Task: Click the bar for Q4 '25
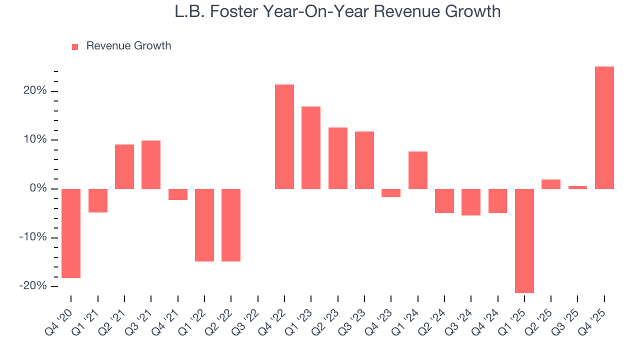pyautogui.click(x=604, y=127)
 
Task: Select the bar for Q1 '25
pyautogui.click(x=524, y=240)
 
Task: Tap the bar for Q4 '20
pyautogui.click(x=71, y=233)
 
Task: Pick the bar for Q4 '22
pyautogui.click(x=284, y=136)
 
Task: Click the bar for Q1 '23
pyautogui.click(x=311, y=147)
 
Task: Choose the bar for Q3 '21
pyautogui.click(x=151, y=164)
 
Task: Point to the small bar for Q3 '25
pyautogui.click(x=577, y=187)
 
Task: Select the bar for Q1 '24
pyautogui.click(x=417, y=170)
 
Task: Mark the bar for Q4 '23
pyautogui.click(x=391, y=193)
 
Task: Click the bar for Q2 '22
pyautogui.click(x=231, y=225)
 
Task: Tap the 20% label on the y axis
pyautogui.click(x=34, y=91)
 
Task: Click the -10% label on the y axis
pyautogui.click(x=32, y=237)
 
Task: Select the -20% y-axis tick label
pyautogui.click(x=32, y=286)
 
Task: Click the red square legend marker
pyautogui.click(x=75, y=46)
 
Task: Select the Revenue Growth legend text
pyautogui.click(x=128, y=46)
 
